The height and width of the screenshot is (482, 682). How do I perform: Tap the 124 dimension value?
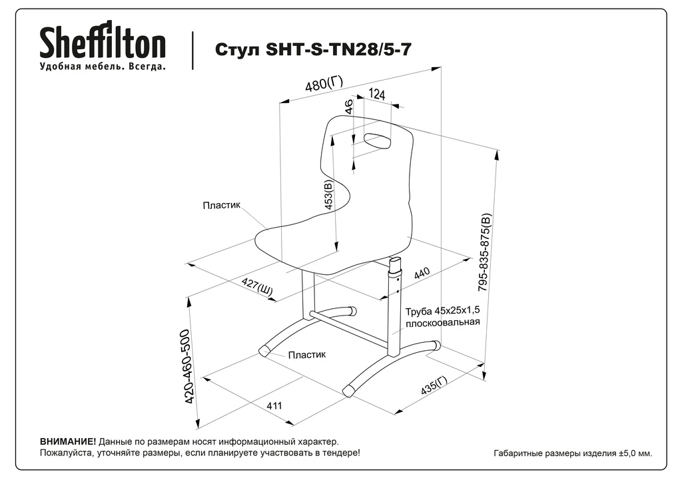tap(376, 95)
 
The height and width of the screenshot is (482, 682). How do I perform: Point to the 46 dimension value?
tap(349, 107)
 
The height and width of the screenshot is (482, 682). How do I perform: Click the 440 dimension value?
tap(422, 274)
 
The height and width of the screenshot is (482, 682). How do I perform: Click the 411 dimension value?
tap(274, 405)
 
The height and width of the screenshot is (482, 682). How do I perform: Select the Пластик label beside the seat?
tap(221, 206)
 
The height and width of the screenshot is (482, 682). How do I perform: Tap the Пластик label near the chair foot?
tap(307, 355)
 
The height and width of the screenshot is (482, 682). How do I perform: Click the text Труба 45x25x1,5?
tap(442, 311)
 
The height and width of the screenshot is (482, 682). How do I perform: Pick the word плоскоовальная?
tap(443, 322)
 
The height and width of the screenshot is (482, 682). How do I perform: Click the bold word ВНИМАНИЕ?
tap(68, 441)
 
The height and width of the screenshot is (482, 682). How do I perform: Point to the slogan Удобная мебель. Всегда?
tap(103, 67)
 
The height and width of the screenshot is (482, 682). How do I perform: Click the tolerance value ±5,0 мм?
tap(633, 453)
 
